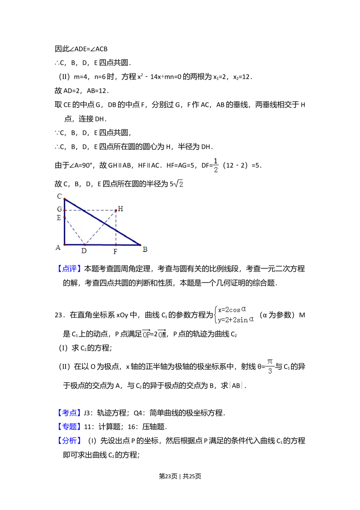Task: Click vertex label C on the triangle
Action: (59, 196)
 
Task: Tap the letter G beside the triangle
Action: (59, 209)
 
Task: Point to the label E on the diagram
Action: (59, 218)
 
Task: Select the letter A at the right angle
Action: (58, 248)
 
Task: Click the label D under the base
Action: (84, 251)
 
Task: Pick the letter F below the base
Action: (115, 251)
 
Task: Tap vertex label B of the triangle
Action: (145, 249)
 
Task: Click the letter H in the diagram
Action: (121, 209)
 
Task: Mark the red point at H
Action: (116, 210)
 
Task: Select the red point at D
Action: (85, 245)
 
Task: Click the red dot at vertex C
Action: (64, 199)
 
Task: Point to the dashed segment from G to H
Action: (90, 210)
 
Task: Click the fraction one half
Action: (216, 166)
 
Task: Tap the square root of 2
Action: (179, 184)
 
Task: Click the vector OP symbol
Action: (147, 334)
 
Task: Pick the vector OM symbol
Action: (162, 334)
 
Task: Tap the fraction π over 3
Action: (270, 366)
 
